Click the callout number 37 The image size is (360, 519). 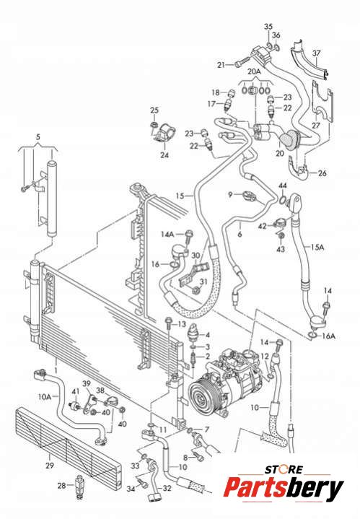coord(317,53)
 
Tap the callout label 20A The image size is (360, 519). coord(254,71)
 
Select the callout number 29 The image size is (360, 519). coord(50,466)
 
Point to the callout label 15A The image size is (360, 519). coord(317,247)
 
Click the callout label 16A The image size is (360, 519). coord(328,336)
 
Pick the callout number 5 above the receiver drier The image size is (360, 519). coord(38,136)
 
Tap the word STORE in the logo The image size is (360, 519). coord(284,469)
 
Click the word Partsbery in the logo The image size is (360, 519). coord(284,489)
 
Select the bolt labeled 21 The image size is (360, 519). coord(242,62)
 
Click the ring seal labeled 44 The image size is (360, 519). coord(282,200)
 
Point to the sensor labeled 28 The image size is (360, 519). coord(80,486)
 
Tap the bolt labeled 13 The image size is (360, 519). coord(169,323)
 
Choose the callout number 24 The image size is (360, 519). coord(164,154)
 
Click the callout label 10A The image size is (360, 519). coord(45,396)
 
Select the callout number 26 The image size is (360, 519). coord(322,173)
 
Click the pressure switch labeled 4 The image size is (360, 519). coord(193,331)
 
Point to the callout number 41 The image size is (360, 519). coord(76,391)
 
